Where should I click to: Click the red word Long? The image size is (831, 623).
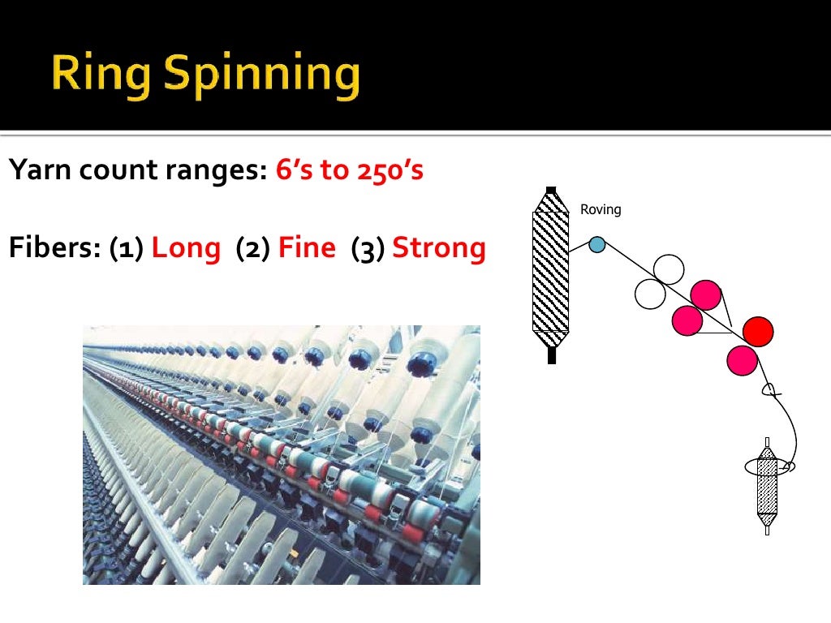click(x=186, y=247)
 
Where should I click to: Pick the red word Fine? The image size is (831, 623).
click(x=307, y=247)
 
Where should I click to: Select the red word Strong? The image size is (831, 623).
click(x=439, y=247)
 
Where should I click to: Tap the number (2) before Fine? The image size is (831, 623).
click(x=252, y=247)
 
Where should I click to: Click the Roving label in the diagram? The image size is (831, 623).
click(x=601, y=209)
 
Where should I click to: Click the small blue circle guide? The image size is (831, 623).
click(x=597, y=243)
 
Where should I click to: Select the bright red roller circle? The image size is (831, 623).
click(x=758, y=330)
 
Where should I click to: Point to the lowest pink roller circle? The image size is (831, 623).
click(x=743, y=360)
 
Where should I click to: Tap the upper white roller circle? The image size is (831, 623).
click(x=668, y=269)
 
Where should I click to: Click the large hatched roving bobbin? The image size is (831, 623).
click(x=551, y=273)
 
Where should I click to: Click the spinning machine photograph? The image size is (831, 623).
click(x=282, y=454)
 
